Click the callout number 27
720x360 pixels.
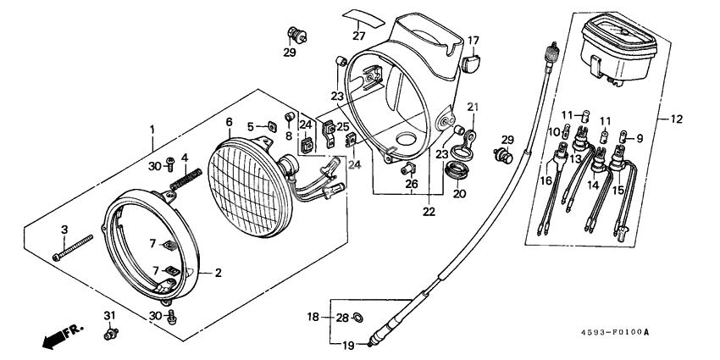(x=359, y=36)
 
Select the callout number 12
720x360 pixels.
(x=677, y=119)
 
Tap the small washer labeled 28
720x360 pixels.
(x=357, y=318)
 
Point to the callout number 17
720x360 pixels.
(x=473, y=40)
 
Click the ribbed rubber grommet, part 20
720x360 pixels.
(x=457, y=173)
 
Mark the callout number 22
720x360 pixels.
(x=429, y=211)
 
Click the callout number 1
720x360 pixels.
(x=152, y=129)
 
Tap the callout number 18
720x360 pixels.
(x=313, y=317)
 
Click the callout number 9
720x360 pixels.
(x=639, y=137)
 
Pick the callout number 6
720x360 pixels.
(x=229, y=122)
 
